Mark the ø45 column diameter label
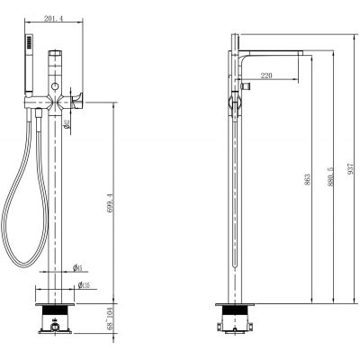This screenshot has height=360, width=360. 79,267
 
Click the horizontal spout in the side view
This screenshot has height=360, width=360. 274,50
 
